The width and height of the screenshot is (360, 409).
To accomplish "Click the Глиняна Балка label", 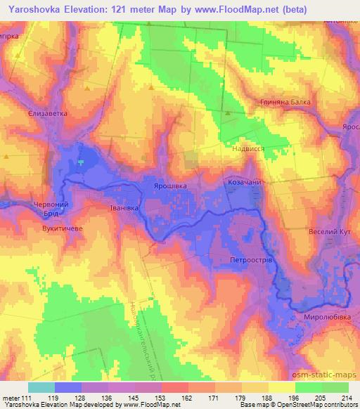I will pyautogui.click(x=286, y=101).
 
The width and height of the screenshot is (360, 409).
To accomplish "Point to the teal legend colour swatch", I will pyautogui.click(x=41, y=387).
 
